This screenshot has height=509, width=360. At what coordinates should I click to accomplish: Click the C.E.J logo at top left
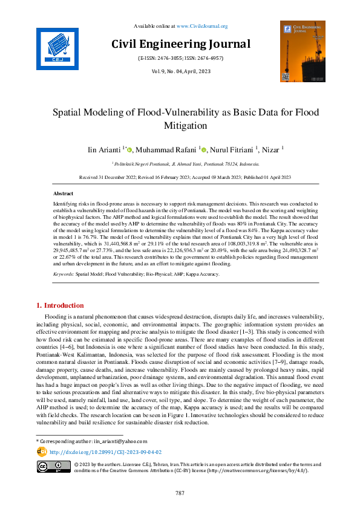click(x=57, y=46)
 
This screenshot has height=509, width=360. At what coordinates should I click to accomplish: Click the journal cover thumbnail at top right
click(x=302, y=52)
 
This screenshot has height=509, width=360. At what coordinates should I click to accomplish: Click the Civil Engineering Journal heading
click(x=180, y=44)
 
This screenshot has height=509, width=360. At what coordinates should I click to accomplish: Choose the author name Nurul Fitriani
click(x=236, y=149)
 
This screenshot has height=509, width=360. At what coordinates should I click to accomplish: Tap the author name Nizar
click(x=270, y=149)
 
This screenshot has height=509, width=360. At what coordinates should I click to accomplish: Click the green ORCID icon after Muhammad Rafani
click(x=204, y=150)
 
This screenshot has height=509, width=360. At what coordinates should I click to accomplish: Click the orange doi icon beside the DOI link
click(x=42, y=452)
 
